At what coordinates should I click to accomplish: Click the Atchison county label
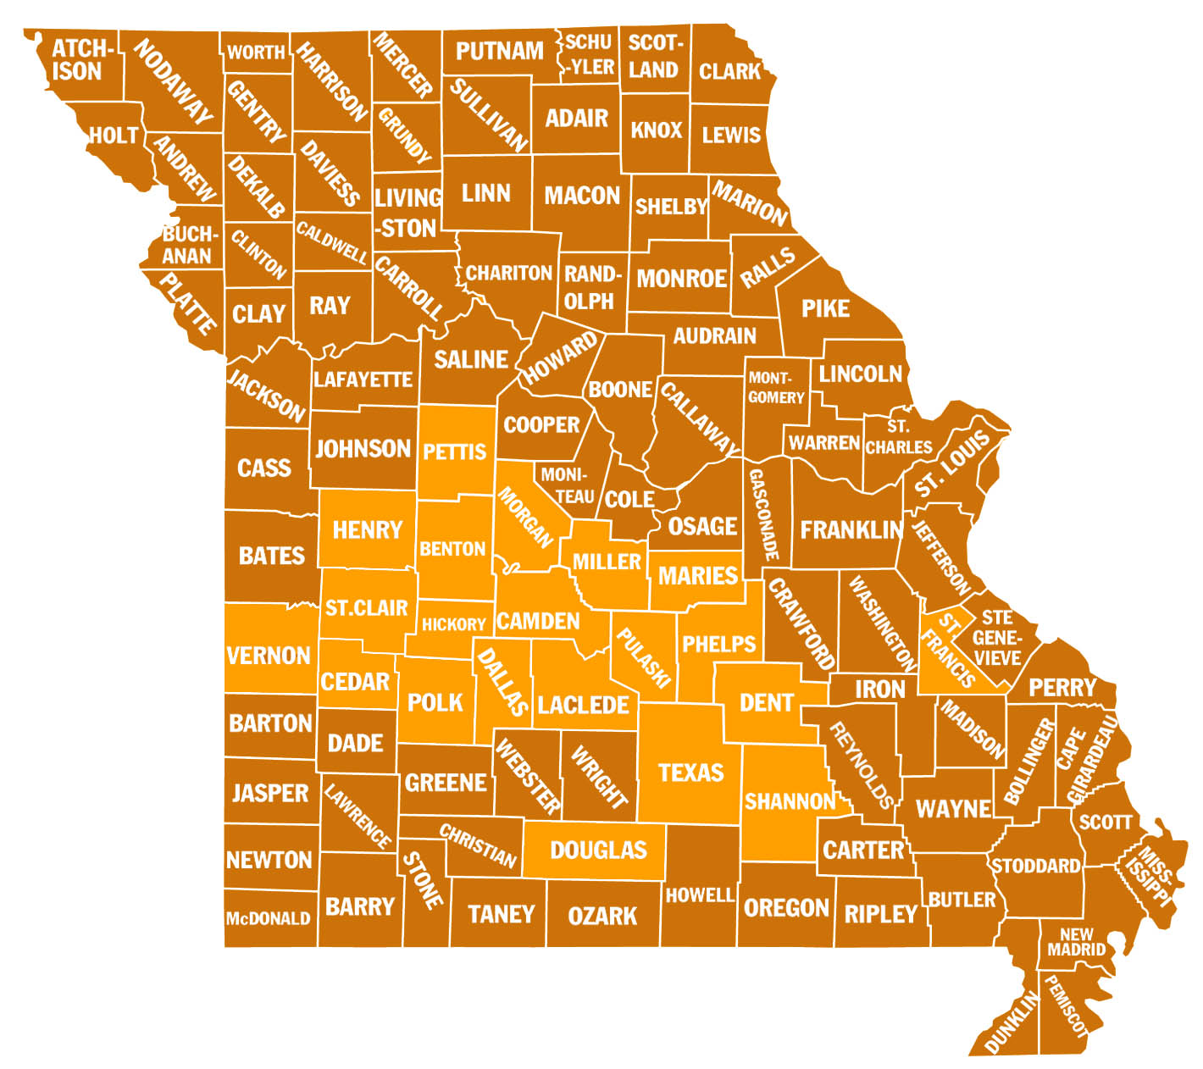77,60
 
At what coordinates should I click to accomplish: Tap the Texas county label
691,773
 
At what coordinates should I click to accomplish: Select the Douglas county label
598,850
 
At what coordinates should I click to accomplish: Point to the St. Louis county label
952,464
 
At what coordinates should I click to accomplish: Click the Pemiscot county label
1065,1006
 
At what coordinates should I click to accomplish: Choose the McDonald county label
268,918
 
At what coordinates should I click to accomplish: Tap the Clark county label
729,71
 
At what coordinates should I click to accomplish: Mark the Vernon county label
269,655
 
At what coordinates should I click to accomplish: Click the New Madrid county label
1076,942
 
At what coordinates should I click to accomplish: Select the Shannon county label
790,800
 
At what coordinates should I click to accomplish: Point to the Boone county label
620,390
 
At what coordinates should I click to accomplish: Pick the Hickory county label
453,624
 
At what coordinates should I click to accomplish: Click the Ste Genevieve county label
997,637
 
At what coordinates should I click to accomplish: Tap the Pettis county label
455,451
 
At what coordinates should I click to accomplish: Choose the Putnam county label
500,51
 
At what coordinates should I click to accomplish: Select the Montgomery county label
775,387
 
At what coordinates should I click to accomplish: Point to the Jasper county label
270,793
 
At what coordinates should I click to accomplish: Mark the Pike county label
825,308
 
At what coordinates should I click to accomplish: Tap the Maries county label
698,576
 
